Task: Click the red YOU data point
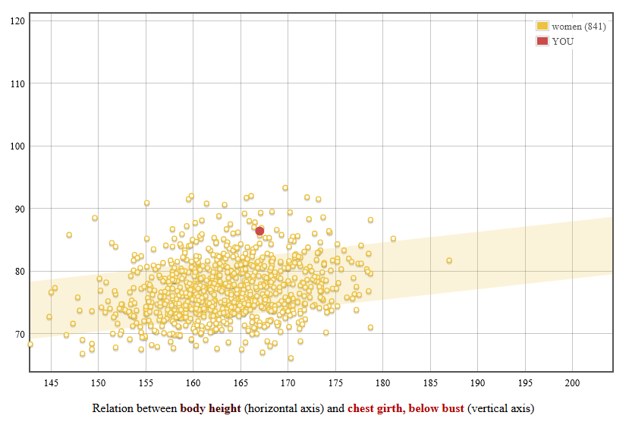(259, 231)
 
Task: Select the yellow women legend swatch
(542, 27)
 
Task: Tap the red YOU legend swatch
(542, 41)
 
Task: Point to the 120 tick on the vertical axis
(17, 20)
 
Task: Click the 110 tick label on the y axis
(17, 83)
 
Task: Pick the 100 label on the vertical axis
(17, 146)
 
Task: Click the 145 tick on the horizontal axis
(51, 382)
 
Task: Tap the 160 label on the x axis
(193, 382)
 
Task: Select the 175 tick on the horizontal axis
(336, 382)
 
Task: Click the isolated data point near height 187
(449, 260)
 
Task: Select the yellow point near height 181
(393, 238)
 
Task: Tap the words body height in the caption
(210, 409)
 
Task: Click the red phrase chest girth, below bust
(405, 409)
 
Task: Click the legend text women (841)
(579, 27)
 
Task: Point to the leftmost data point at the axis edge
(30, 345)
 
